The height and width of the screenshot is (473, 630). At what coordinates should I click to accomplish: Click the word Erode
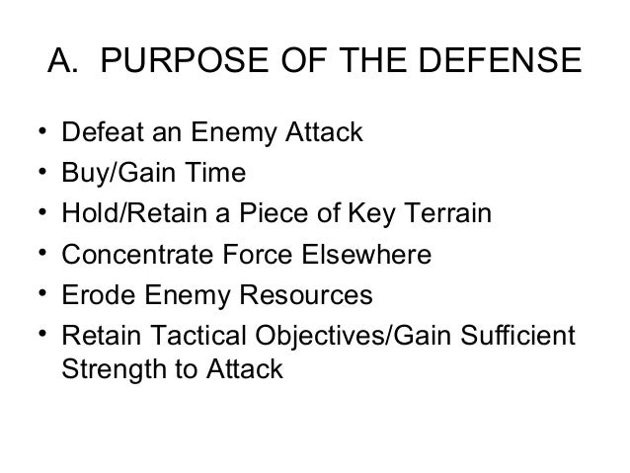pyautogui.click(x=90, y=295)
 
